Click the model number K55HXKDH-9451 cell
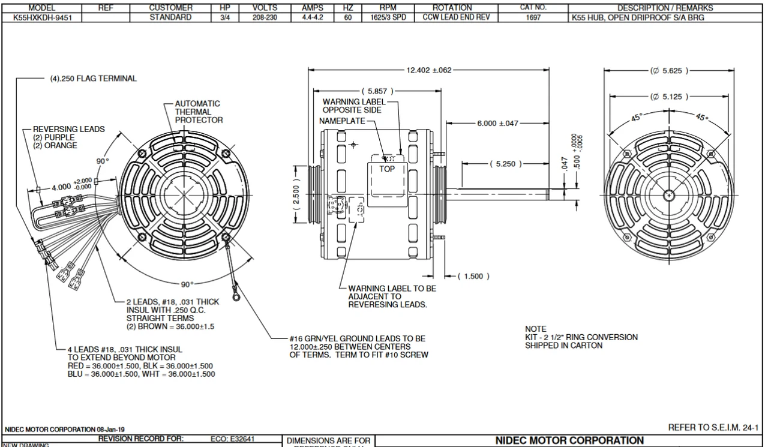coord(41,17)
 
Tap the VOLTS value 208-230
coord(265,17)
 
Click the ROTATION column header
coord(452,8)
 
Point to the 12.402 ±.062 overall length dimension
coord(428,70)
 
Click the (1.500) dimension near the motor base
coord(473,276)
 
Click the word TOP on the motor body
coord(388,169)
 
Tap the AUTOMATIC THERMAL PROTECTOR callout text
coord(198,112)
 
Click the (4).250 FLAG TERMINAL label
coord(93,79)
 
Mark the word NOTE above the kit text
coord(535,329)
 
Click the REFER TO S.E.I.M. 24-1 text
coord(713,427)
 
